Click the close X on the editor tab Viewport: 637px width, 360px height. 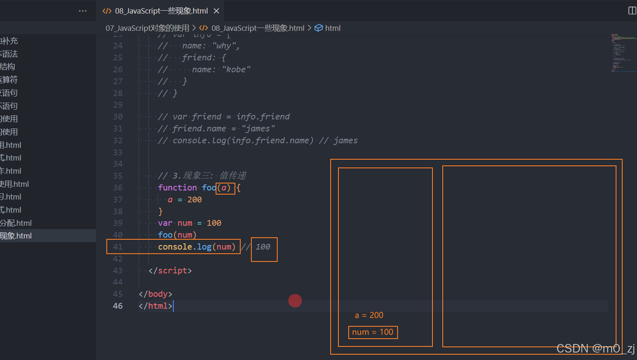[x=216, y=11]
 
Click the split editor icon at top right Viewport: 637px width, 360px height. [x=632, y=11]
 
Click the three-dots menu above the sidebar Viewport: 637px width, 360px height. [x=83, y=11]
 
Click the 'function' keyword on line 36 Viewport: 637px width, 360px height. [x=177, y=188]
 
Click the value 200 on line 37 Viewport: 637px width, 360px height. [x=195, y=199]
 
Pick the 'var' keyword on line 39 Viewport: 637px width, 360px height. [x=165, y=223]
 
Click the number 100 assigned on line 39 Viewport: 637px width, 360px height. [x=214, y=223]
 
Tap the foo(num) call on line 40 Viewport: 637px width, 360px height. [x=177, y=235]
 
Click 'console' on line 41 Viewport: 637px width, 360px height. [x=175, y=247]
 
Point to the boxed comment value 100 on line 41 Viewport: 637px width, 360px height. [x=263, y=247]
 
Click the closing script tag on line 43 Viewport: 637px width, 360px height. [x=170, y=271]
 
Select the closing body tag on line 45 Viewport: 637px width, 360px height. [x=155, y=294]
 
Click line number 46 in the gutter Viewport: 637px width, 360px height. [x=118, y=306]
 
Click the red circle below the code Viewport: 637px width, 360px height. [x=295, y=301]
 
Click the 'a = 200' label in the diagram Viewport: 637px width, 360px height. [x=369, y=315]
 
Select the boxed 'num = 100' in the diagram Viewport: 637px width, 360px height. [x=373, y=332]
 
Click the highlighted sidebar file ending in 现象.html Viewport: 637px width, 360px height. [x=16, y=236]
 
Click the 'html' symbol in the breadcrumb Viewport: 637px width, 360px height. [x=333, y=28]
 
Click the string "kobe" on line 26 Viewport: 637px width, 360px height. [x=236, y=69]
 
